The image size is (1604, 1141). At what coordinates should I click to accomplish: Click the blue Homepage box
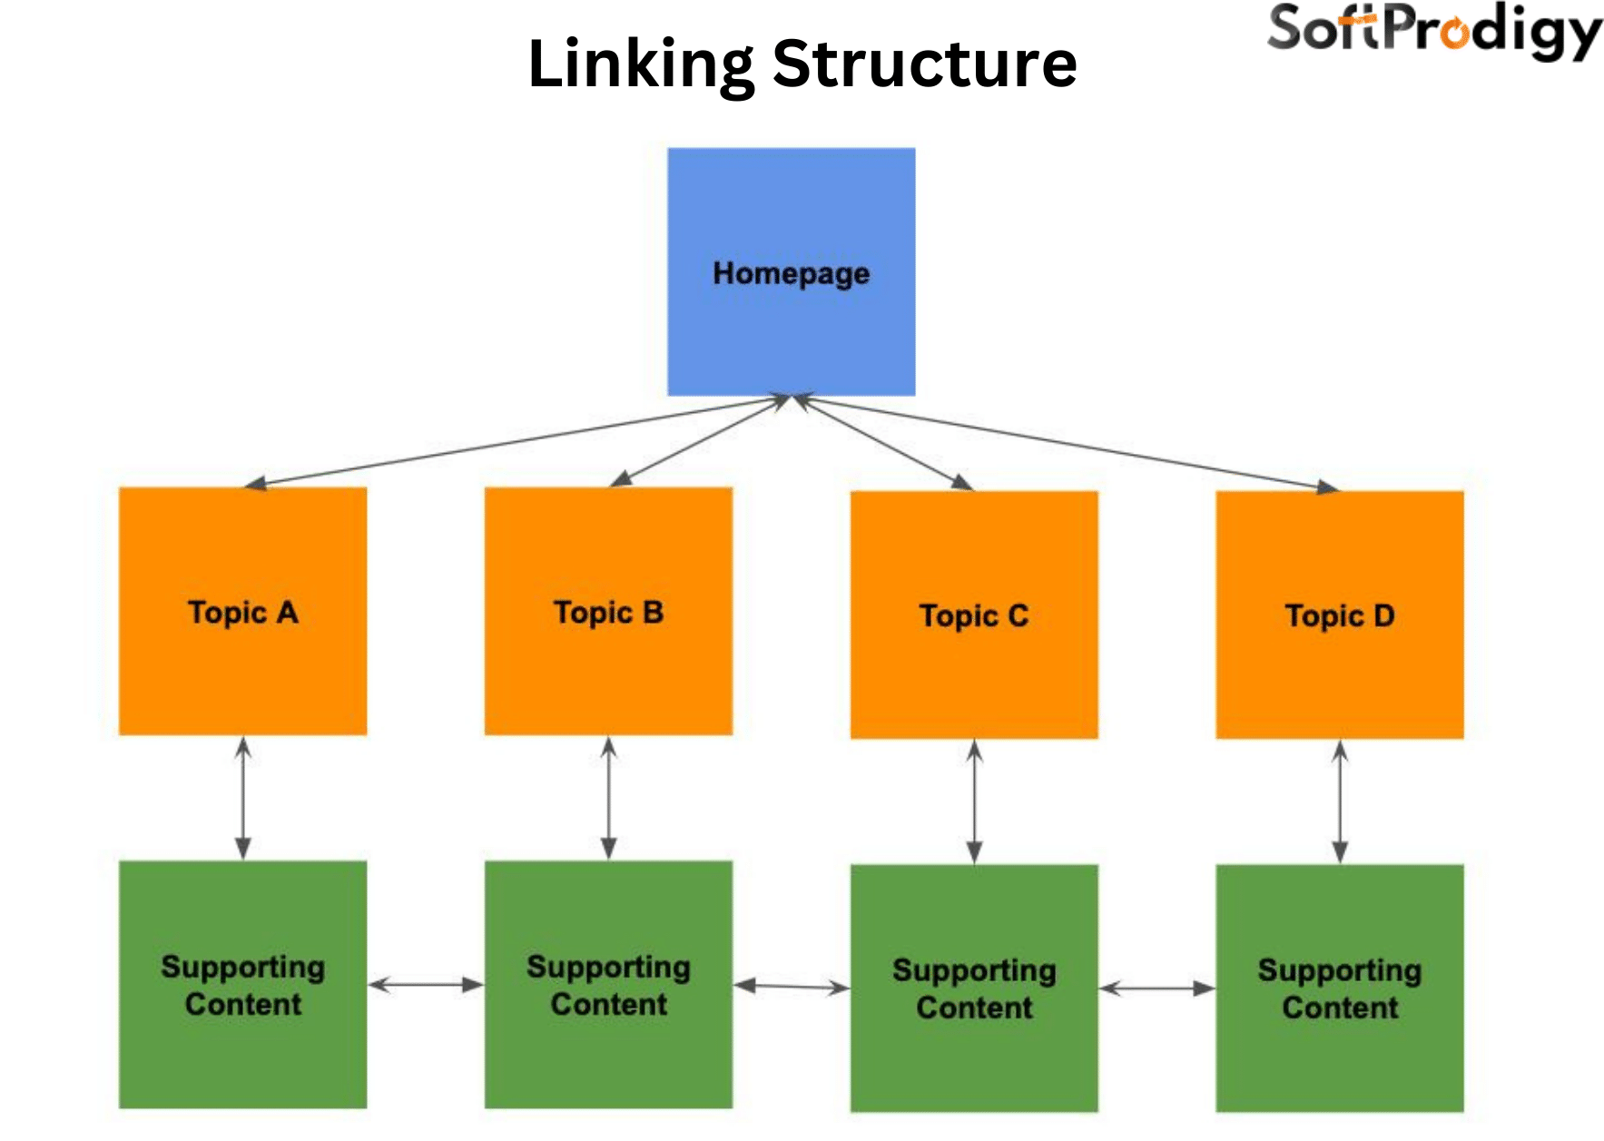tap(791, 271)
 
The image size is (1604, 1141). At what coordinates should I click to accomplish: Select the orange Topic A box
tap(242, 611)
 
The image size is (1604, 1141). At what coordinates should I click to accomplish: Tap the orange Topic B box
tap(608, 611)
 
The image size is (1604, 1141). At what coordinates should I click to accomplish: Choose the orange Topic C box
tap(974, 615)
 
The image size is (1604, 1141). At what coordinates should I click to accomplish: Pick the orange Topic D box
tap(1339, 615)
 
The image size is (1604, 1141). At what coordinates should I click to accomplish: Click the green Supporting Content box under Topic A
tap(242, 984)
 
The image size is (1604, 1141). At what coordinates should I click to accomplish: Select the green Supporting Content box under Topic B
tap(608, 984)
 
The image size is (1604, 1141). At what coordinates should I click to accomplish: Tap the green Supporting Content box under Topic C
tap(974, 988)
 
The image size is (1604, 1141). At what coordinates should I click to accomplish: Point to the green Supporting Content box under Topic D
tap(1339, 988)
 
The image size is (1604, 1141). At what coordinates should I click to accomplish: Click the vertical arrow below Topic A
tap(242, 798)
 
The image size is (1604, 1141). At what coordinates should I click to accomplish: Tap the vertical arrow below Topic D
tap(1339, 802)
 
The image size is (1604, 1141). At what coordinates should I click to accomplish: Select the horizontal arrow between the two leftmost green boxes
tap(426, 985)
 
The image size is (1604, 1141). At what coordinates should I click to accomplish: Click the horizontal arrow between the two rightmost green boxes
tap(1156, 989)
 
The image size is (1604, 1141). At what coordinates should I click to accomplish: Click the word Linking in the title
tap(640, 64)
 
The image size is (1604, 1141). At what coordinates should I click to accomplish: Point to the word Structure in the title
tap(924, 64)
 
